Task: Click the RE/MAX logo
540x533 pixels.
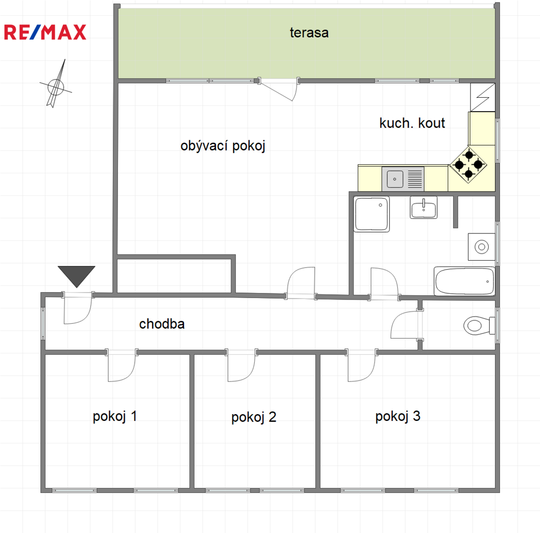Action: (45, 33)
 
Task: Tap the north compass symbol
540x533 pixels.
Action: (55, 84)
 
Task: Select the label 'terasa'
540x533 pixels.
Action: (309, 33)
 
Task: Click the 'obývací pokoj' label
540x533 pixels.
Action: (223, 146)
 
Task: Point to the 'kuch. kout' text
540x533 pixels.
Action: (412, 123)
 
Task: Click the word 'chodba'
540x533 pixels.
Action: (162, 324)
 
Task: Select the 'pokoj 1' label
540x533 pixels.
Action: (115, 417)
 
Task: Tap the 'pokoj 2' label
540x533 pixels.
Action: (254, 418)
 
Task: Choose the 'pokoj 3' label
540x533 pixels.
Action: (398, 417)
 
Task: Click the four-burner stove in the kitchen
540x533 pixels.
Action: (468, 164)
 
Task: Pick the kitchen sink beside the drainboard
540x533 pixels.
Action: (395, 179)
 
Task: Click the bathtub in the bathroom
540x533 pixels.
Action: (464, 281)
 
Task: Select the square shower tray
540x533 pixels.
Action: (372, 214)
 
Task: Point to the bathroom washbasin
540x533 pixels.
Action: (424, 207)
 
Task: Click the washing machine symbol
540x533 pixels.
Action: (481, 247)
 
